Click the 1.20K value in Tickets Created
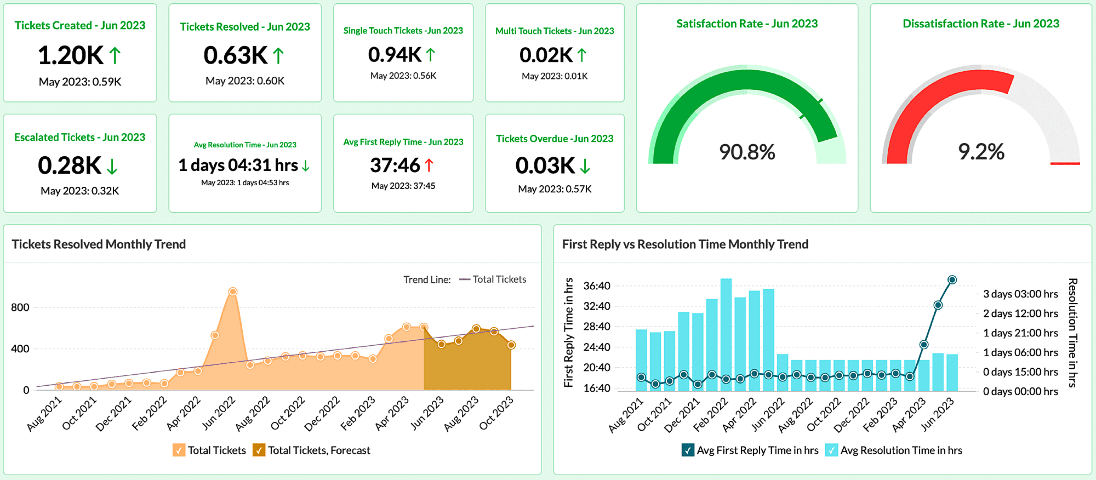click(x=70, y=56)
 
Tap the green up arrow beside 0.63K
click(x=278, y=56)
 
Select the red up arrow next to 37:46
click(x=429, y=165)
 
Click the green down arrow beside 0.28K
click(x=112, y=166)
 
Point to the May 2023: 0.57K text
click(x=554, y=189)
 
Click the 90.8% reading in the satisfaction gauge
click(x=747, y=152)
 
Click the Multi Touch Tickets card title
click(x=554, y=31)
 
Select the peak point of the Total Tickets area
click(x=233, y=292)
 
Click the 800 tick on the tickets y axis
click(x=20, y=308)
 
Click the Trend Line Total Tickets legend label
click(x=499, y=279)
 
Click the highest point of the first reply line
click(x=952, y=280)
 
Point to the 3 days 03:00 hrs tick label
click(x=1020, y=294)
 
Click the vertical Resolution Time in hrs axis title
click(x=1073, y=332)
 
